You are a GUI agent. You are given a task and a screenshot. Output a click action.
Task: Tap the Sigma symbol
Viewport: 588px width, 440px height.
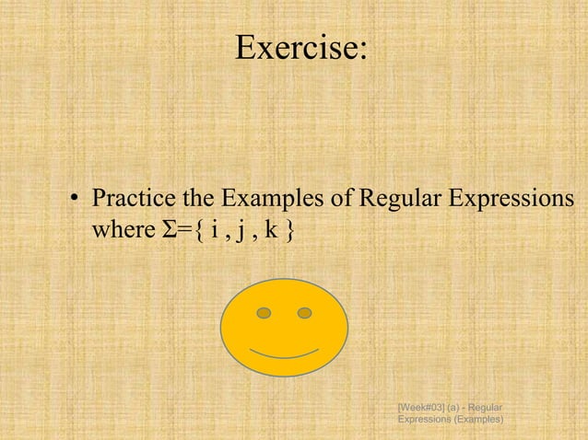point(157,227)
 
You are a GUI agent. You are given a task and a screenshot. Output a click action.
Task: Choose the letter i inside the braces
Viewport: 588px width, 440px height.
point(212,227)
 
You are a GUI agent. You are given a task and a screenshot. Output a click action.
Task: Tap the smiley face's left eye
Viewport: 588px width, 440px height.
point(265,313)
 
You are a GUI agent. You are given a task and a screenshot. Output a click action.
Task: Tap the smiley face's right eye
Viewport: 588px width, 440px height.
point(305,313)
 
